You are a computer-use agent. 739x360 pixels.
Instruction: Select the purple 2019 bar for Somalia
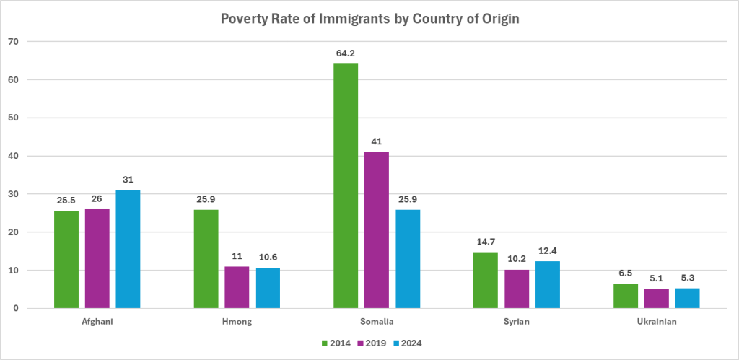point(377,230)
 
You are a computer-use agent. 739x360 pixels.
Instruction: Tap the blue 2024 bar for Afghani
point(128,249)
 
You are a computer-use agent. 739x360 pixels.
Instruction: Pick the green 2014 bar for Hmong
point(206,259)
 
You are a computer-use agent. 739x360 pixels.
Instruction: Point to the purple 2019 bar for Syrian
point(517,289)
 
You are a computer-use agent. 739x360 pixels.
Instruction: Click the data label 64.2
point(346,52)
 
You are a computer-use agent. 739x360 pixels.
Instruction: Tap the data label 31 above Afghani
point(128,179)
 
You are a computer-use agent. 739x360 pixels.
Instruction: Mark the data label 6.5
point(625,273)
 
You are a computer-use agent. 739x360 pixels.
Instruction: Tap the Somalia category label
point(377,321)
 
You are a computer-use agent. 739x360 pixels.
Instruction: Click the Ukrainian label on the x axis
point(656,321)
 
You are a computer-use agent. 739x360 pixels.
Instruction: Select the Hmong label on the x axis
point(237,321)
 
